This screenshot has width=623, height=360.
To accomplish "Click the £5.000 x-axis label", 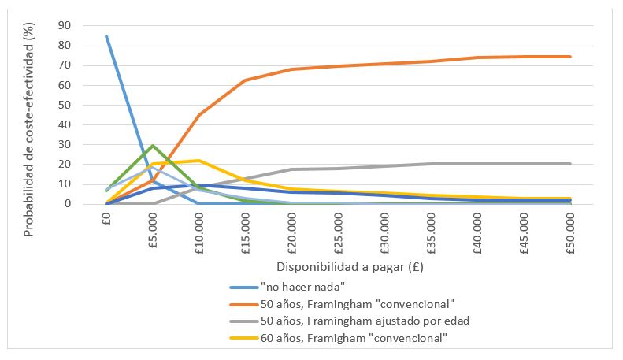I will (153, 228).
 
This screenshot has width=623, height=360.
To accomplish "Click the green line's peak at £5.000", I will (153, 146).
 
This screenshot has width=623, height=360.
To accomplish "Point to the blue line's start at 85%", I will (106, 35).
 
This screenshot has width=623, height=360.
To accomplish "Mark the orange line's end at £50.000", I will (571, 57).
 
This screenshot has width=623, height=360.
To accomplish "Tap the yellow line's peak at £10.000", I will (199, 161).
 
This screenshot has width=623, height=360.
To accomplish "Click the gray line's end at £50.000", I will (571, 164).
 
